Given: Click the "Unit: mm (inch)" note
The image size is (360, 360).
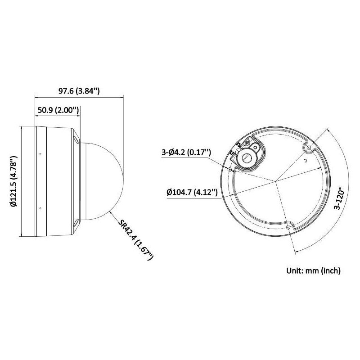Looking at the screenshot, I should pos(314,270).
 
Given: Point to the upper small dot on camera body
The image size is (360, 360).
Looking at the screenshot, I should pos(40,154).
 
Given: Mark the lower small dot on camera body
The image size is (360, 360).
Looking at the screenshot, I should pos(40,208).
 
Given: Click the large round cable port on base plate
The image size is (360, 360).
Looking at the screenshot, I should pos(247,157).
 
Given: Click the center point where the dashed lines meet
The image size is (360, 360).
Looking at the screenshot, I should pos(275,182).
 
